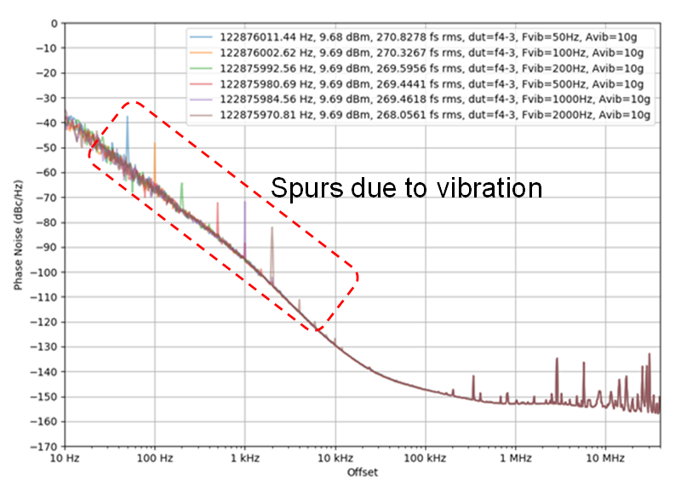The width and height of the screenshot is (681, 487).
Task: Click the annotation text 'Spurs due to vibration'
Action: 406,187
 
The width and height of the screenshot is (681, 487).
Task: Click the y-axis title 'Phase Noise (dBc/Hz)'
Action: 18,234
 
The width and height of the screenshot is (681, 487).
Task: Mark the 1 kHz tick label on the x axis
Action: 245,459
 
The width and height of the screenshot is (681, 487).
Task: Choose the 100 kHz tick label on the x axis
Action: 425,459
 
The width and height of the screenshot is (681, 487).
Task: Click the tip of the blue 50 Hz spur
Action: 128,117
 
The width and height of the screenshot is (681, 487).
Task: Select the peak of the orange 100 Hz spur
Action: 155,143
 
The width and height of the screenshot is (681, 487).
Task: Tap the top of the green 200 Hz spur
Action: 181,183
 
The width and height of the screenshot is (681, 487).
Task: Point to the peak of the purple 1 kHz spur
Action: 245,202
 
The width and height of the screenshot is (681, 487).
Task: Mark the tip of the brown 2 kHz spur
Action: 272,227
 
